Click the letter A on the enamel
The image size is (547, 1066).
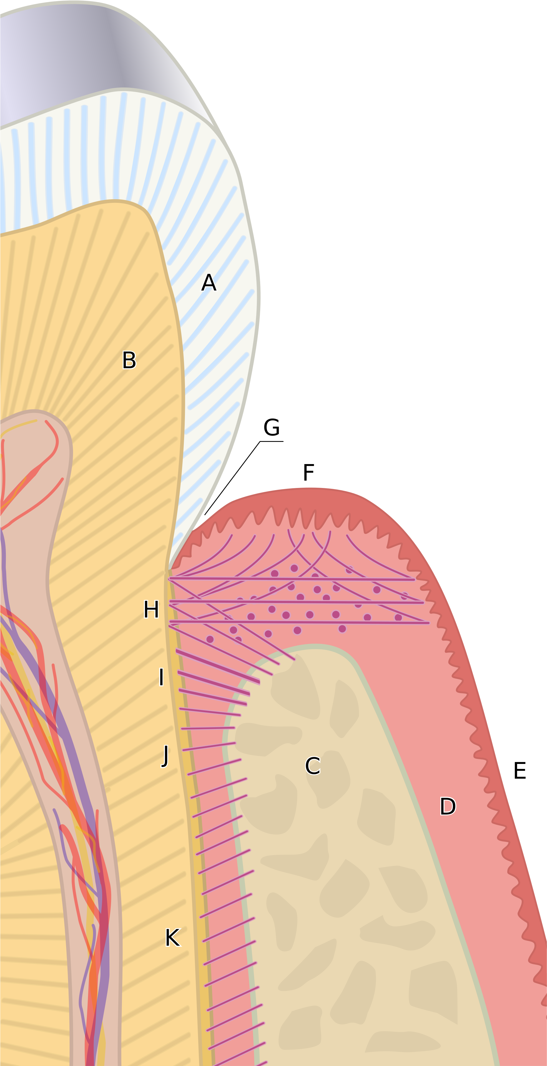[209, 283]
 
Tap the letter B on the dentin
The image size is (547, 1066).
[129, 360]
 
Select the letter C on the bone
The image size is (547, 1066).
[313, 766]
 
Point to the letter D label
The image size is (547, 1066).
[448, 806]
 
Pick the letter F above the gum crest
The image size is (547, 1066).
[309, 472]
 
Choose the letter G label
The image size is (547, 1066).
[272, 427]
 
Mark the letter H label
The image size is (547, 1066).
[151, 609]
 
